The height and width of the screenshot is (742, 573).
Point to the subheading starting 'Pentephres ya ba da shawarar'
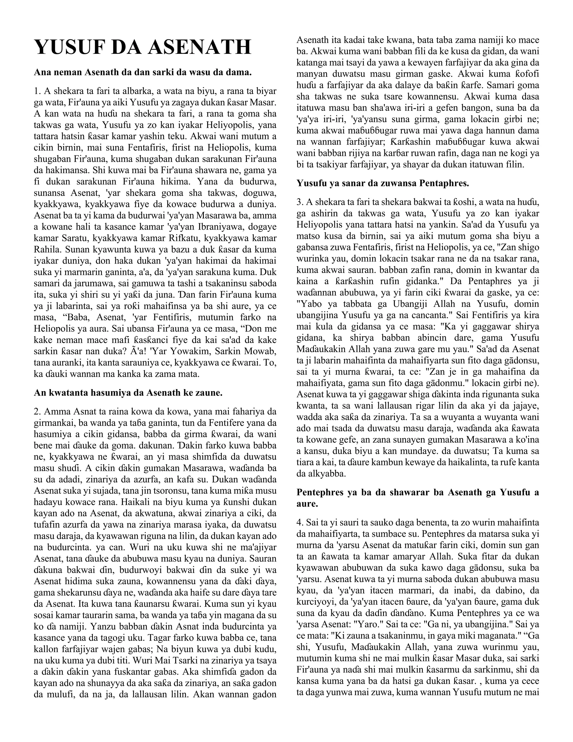pyautogui.click(x=417, y=492)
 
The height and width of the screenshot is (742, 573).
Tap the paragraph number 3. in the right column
pyautogui.click(x=300, y=202)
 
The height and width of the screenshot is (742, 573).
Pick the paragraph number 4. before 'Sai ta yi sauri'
pyautogui.click(x=300, y=522)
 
